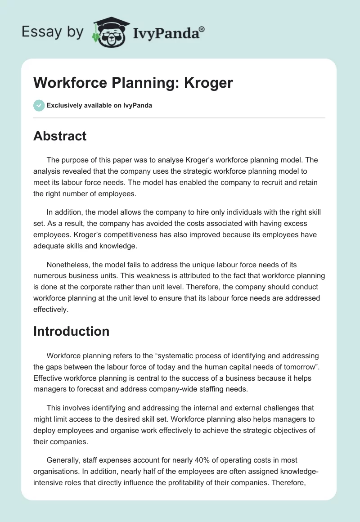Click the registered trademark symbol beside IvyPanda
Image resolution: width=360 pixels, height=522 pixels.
click(x=202, y=29)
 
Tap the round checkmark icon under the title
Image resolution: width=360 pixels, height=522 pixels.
click(x=39, y=105)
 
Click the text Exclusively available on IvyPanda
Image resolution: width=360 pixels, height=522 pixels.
click(x=99, y=105)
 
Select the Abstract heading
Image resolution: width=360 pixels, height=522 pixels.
click(x=60, y=136)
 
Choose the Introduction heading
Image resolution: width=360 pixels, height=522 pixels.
click(x=71, y=331)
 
